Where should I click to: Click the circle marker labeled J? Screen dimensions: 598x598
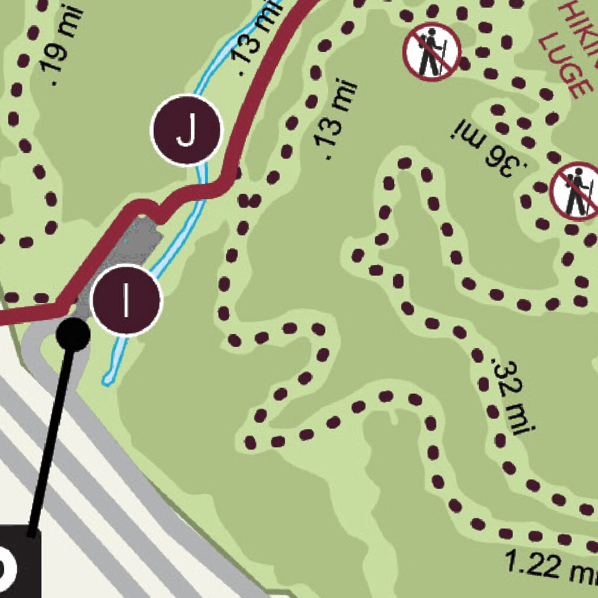186,129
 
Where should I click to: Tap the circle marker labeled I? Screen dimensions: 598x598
126,300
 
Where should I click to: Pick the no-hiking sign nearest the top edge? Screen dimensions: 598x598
432,51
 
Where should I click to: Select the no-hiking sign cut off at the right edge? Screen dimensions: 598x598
575,192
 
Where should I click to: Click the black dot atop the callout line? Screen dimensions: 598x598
73,333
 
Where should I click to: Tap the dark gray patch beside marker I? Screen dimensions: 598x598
137,245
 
